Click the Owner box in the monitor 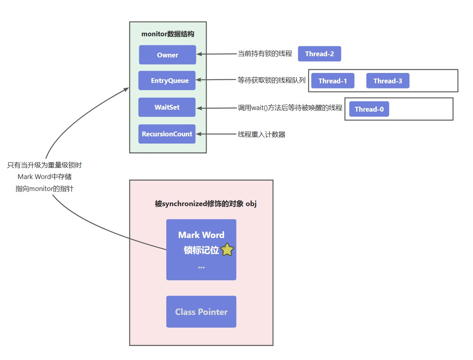point(168,55)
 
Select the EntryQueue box point(167,81)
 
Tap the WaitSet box point(167,107)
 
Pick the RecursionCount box point(167,134)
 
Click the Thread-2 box point(319,54)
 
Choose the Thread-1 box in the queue point(333,81)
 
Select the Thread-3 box point(388,81)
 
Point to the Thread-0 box point(369,109)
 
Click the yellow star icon point(227,250)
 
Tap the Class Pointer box point(201,312)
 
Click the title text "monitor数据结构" point(168,34)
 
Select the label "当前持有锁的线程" point(265,54)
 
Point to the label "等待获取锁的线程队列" point(272,80)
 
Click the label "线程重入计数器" point(262,134)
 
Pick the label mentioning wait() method point(290,108)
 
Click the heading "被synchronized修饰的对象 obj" point(206,204)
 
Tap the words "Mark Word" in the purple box point(201,235)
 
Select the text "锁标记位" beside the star point(201,250)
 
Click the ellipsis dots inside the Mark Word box point(201,267)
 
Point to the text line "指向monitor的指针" point(44,189)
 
